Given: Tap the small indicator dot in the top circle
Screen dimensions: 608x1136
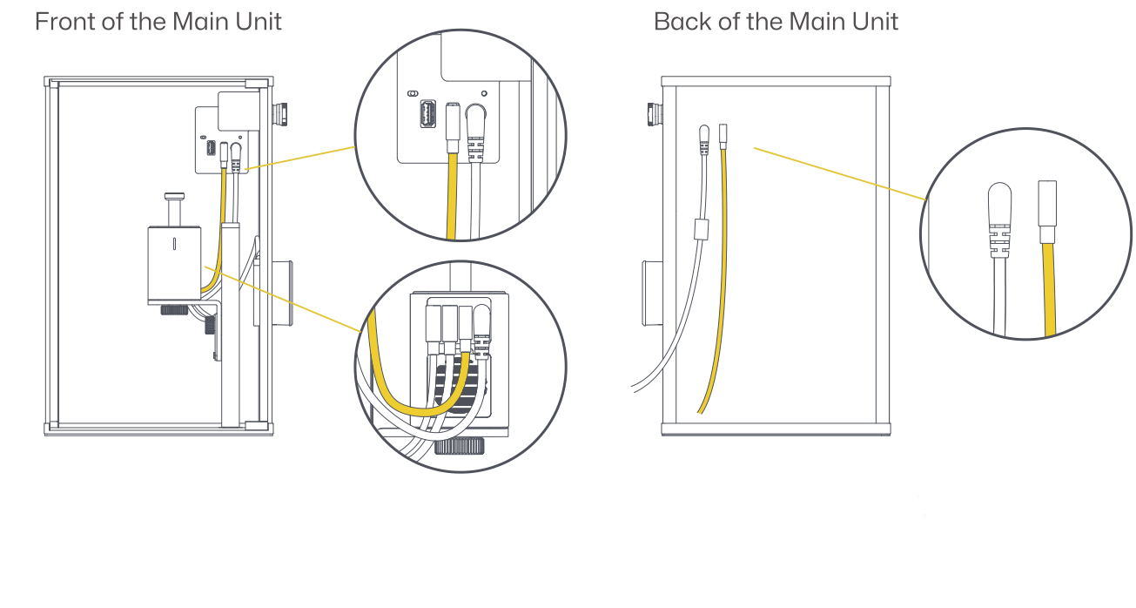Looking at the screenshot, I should [484, 92].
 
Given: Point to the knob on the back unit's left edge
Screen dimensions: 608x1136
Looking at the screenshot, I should [653, 114].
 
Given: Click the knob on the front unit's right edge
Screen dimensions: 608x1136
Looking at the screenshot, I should [282, 114].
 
